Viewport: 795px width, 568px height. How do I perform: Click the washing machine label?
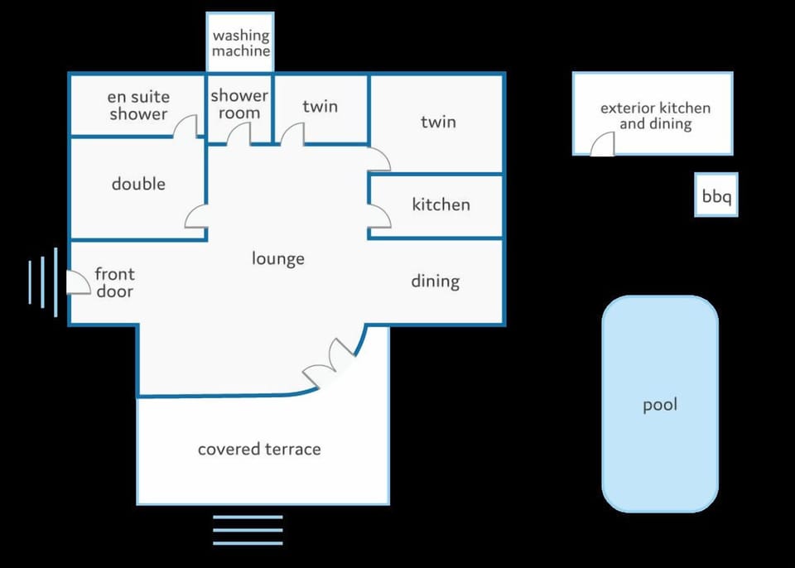click(x=241, y=43)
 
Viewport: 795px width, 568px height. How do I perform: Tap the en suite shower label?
click(x=138, y=105)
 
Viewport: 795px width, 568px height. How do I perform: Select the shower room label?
click(x=239, y=104)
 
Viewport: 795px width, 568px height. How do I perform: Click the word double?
click(x=138, y=184)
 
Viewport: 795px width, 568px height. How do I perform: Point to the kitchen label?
click(x=441, y=205)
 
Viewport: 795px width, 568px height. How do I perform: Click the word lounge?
click(x=278, y=258)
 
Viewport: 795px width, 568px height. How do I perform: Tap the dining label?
click(x=436, y=282)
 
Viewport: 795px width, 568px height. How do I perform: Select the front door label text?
click(x=114, y=282)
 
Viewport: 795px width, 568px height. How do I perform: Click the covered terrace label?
click(x=259, y=450)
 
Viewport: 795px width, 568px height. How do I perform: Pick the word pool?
click(x=660, y=405)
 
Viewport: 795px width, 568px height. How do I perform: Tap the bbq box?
click(x=715, y=195)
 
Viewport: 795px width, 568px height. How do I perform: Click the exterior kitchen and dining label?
click(x=656, y=116)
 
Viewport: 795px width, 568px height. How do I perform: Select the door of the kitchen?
click(x=379, y=216)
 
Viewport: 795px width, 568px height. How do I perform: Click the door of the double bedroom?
click(x=195, y=217)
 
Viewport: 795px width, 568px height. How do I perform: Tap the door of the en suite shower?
click(x=185, y=127)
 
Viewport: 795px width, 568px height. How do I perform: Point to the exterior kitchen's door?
click(x=602, y=144)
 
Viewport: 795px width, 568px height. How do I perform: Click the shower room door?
click(x=238, y=134)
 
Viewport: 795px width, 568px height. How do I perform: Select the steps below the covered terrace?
click(x=248, y=530)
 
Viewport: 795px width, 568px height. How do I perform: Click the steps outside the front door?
click(x=42, y=282)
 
